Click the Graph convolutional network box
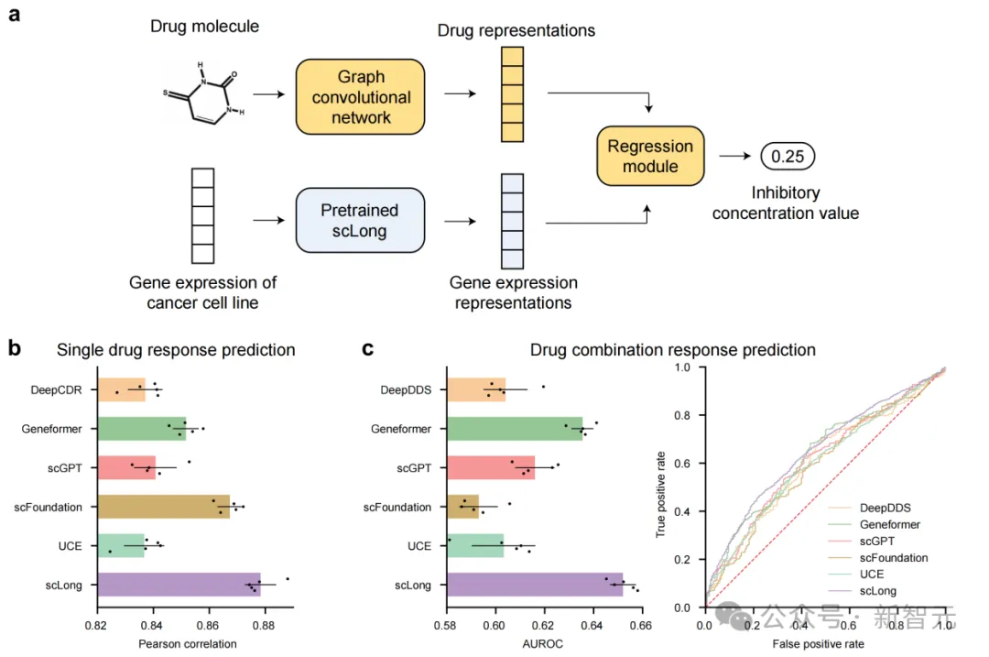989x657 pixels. click(361, 97)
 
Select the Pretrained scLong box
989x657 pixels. click(360, 221)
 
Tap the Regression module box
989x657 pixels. click(650, 156)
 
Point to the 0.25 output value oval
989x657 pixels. click(787, 157)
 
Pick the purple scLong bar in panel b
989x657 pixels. click(179, 585)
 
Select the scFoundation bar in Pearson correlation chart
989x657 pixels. click(164, 507)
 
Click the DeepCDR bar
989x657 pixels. click(122, 389)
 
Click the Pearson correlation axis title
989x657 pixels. click(188, 643)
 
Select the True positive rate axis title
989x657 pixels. click(661, 487)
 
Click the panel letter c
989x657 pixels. click(368, 348)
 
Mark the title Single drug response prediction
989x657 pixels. click(176, 350)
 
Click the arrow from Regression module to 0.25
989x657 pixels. click(732, 157)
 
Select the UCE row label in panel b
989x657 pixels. click(71, 546)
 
